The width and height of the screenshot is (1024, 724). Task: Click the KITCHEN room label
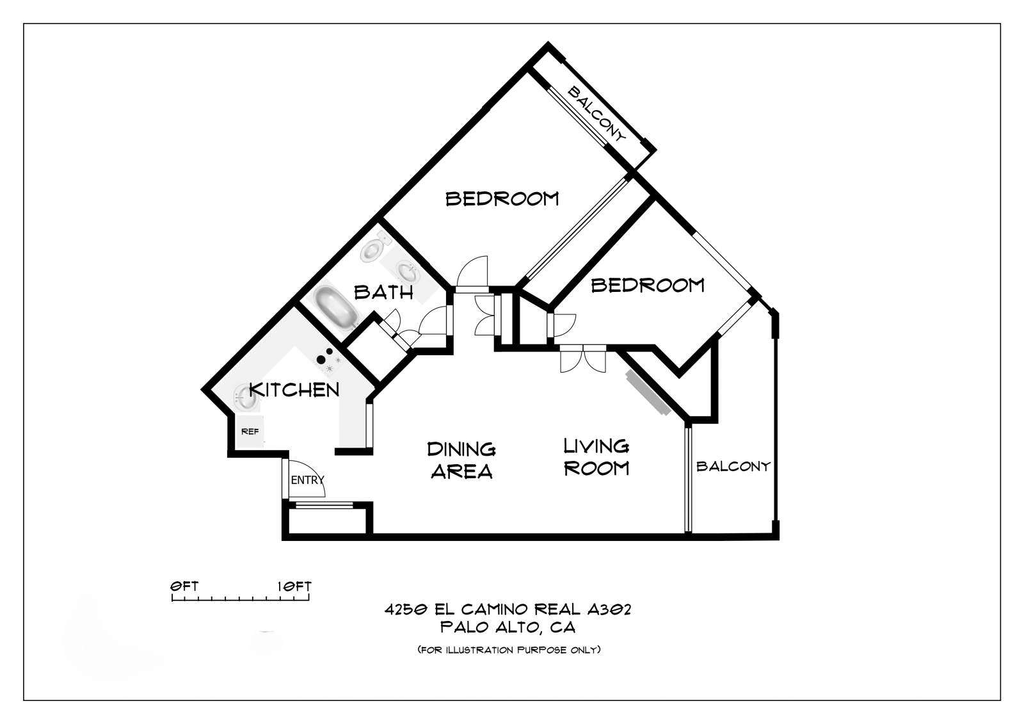[x=294, y=390]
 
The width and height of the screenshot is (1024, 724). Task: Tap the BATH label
[x=383, y=293]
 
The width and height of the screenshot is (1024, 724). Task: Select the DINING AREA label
[x=461, y=460]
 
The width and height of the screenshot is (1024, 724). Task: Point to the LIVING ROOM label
[x=596, y=457]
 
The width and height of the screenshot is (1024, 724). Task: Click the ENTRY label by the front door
[x=307, y=480]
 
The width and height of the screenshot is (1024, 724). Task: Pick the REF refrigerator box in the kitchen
[x=250, y=431]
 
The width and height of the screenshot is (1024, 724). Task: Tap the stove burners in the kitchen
[x=328, y=360]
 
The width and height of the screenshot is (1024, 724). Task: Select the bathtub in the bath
[x=335, y=307]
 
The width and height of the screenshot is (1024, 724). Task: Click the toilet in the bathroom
[x=374, y=248]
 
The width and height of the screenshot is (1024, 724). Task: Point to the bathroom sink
[x=406, y=271]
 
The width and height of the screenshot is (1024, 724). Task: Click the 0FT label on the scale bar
[x=184, y=586]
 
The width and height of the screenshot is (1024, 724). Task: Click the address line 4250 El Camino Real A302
[x=508, y=609]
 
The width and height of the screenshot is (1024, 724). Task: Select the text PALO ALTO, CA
[x=508, y=627]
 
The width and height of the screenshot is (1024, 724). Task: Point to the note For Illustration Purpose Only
[x=509, y=650]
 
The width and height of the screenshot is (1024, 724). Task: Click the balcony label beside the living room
[x=733, y=467]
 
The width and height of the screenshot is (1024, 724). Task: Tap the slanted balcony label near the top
[x=596, y=114]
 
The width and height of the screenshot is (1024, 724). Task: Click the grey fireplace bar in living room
[x=649, y=392]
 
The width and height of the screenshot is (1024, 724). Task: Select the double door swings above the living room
[x=583, y=358]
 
